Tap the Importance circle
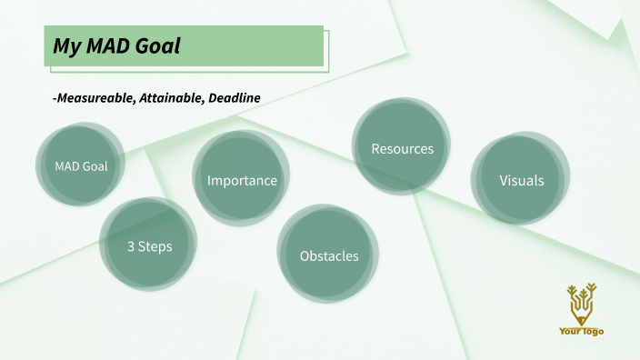241,178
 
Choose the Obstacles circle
328,255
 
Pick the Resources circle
402,147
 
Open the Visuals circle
521,179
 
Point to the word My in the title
64,45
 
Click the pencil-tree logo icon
580,304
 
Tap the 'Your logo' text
581,331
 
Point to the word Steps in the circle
155,246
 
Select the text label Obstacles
329,256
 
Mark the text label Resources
402,148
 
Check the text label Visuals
522,180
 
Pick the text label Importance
242,180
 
